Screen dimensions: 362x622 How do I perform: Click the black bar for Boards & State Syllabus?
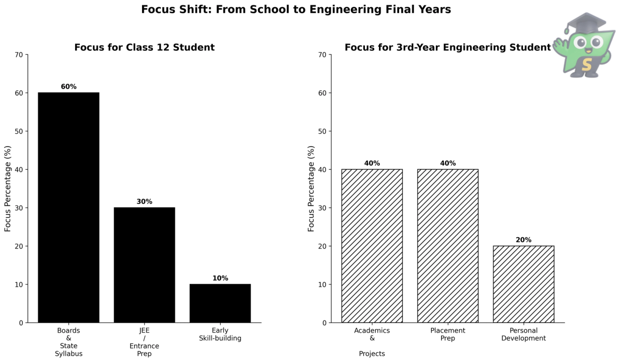tap(68, 207)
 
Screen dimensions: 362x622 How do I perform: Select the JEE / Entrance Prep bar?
tap(145, 265)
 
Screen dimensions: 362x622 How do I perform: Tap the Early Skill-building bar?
tap(220, 303)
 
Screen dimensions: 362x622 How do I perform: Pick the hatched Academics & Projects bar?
tap(372, 245)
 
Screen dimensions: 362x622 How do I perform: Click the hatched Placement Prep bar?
tap(448, 245)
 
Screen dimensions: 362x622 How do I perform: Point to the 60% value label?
tap(68, 86)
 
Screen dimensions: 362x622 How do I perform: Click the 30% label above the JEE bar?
tap(145, 201)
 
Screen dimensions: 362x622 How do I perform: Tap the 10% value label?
tap(220, 278)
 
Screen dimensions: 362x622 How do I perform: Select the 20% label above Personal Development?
tap(524, 240)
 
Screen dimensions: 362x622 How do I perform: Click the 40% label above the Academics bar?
tap(372, 163)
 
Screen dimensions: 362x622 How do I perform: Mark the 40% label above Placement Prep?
tap(448, 163)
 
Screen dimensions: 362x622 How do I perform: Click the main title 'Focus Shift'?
tap(296, 10)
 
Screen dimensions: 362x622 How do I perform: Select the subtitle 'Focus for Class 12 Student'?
tap(144, 48)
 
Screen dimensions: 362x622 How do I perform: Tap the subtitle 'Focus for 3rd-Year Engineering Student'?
tap(447, 48)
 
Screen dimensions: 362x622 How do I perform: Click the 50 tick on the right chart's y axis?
tap(322, 132)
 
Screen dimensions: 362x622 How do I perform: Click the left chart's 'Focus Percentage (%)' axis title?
tap(8, 188)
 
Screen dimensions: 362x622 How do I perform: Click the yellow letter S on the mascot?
tap(586, 65)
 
